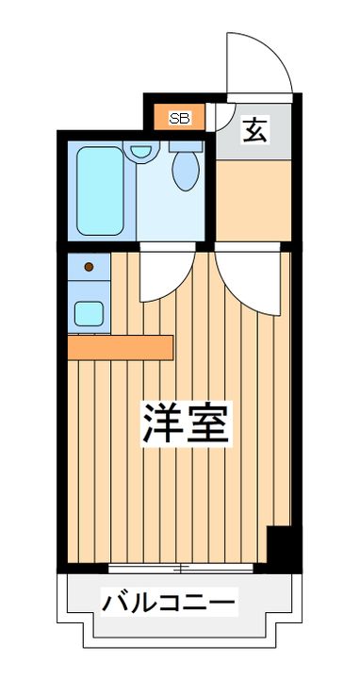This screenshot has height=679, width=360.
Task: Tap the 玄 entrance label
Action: tap(254, 129)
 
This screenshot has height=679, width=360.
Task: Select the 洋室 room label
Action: tap(186, 424)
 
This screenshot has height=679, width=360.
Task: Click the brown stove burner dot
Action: tap(89, 267)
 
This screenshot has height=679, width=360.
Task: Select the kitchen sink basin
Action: tap(89, 312)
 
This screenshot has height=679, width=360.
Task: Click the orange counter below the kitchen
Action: tap(120, 347)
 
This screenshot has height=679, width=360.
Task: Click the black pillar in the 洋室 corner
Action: tap(280, 548)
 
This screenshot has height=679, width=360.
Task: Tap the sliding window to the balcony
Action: tap(179, 568)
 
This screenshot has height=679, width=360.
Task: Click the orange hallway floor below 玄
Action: tap(252, 198)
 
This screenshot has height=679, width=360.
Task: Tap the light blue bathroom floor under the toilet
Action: tap(170, 212)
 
